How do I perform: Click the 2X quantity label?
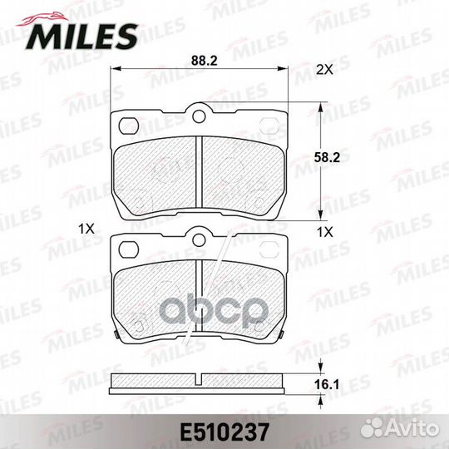click(x=326, y=72)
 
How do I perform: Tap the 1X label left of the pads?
click(x=83, y=227)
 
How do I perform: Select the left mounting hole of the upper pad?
click(x=129, y=125)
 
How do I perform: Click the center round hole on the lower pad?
click(x=198, y=241)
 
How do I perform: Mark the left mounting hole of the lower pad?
click(x=129, y=247)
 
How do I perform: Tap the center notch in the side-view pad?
click(x=198, y=380)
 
